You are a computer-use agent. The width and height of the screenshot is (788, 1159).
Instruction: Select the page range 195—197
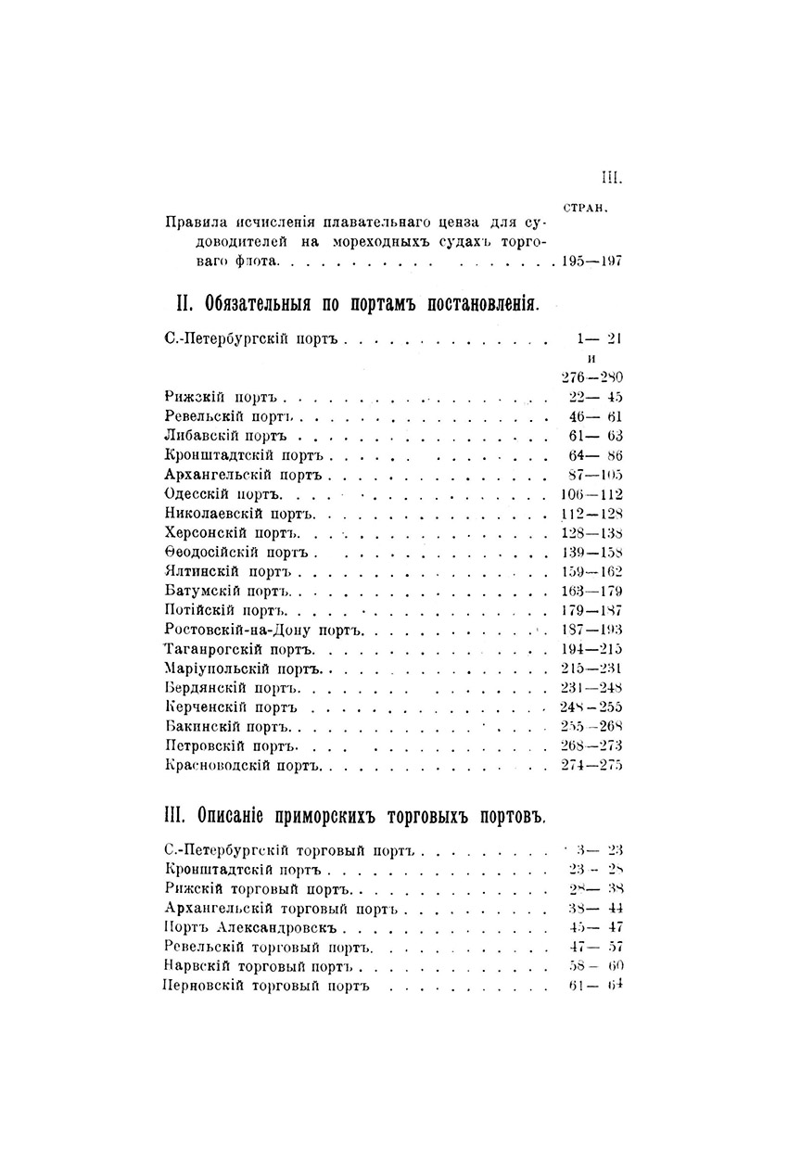(x=591, y=262)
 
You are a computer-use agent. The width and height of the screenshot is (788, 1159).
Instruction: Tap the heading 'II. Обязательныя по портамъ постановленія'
(x=356, y=304)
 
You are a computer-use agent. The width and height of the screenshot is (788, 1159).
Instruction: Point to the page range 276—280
(x=591, y=377)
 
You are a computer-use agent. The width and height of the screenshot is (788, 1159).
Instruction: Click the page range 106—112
(x=591, y=493)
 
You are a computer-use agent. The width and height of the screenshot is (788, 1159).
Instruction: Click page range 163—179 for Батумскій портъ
(x=591, y=591)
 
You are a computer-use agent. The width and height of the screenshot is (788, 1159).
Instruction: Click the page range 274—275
(x=591, y=765)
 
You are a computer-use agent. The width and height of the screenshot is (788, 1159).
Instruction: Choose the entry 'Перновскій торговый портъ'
(x=266, y=986)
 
